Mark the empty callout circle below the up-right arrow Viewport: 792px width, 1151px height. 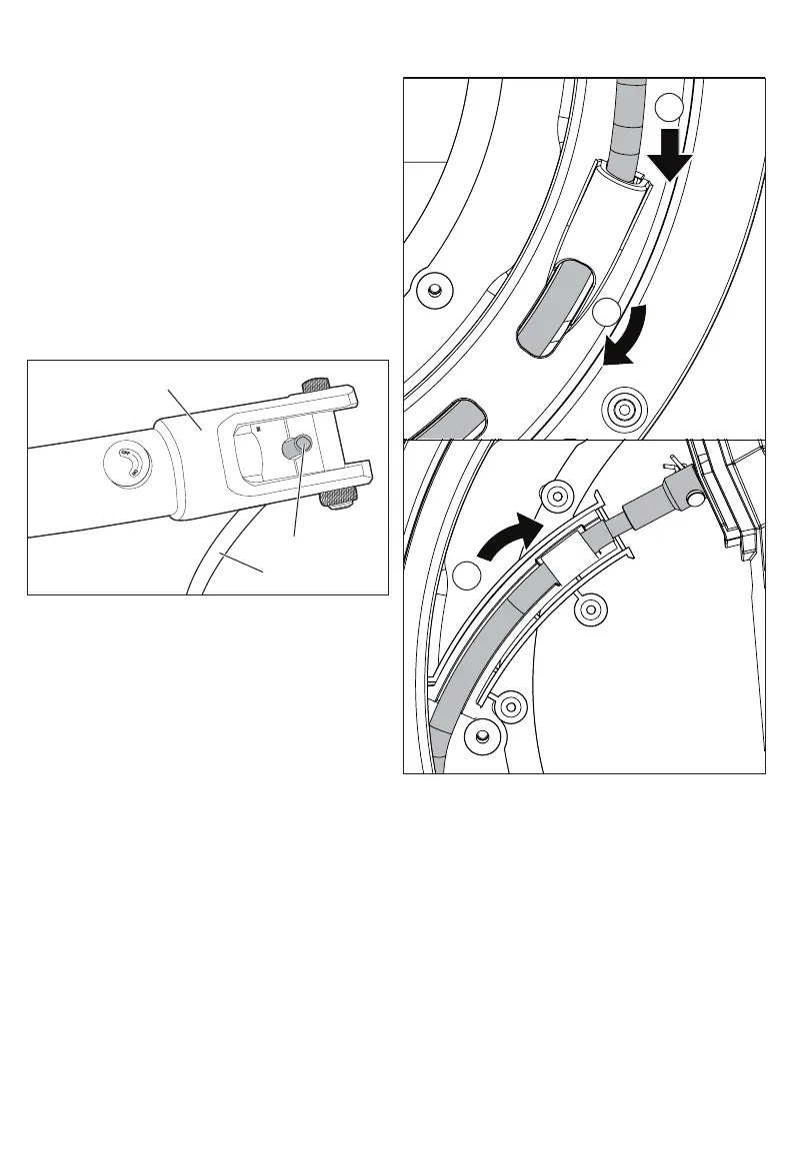(x=464, y=577)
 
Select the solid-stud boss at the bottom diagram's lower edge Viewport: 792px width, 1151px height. (x=482, y=736)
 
